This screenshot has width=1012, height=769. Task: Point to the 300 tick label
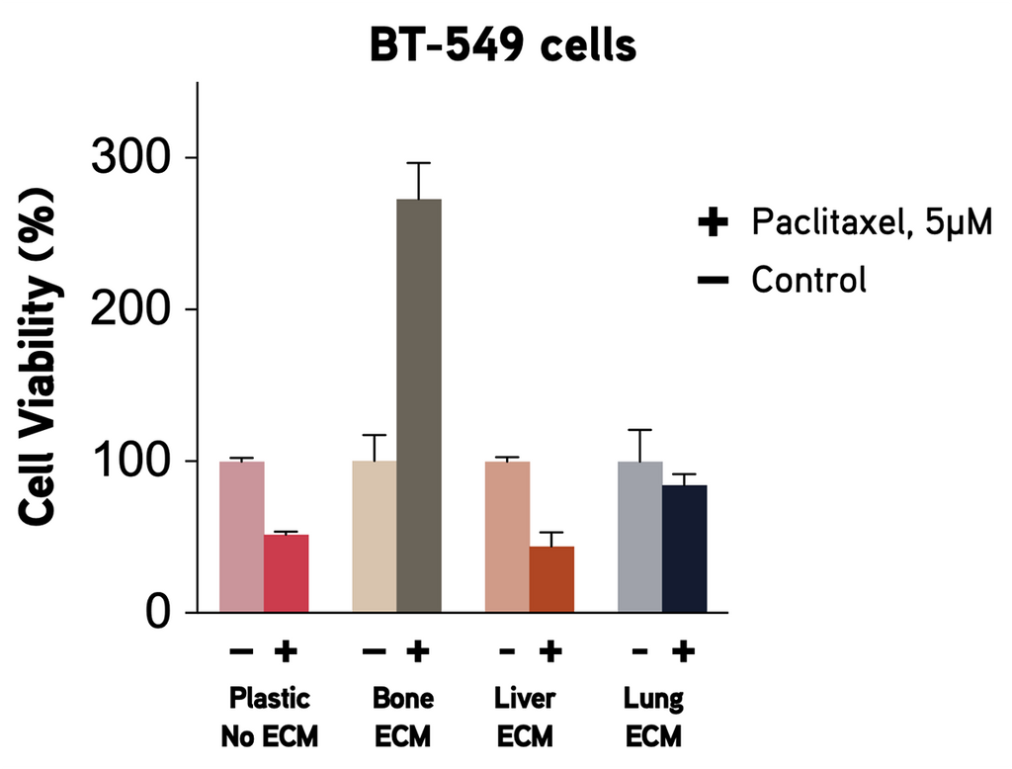[x=130, y=157]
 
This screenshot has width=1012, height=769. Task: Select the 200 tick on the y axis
[x=130, y=309]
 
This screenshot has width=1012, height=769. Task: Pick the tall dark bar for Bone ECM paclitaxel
[x=418, y=405]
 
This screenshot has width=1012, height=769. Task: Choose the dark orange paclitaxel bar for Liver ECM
[x=551, y=579]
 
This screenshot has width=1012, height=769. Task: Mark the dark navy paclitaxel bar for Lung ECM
[x=684, y=549]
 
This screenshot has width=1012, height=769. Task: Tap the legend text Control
[x=808, y=280]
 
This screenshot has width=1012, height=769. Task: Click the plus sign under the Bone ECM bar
[x=418, y=650]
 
